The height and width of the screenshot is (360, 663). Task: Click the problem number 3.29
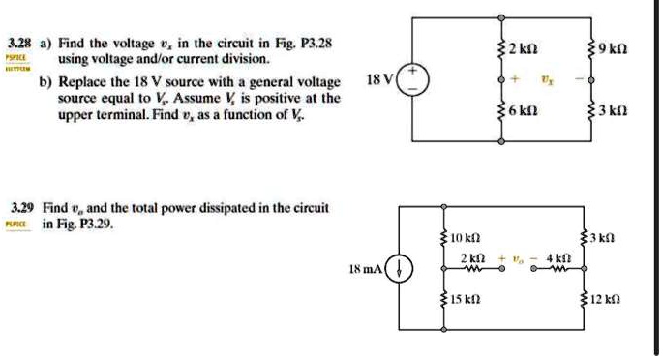click(x=19, y=208)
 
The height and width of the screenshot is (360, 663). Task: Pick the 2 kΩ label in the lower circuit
click(x=472, y=257)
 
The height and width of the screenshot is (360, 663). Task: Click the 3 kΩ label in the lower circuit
click(x=610, y=236)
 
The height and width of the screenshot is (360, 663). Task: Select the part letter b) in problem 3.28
click(x=45, y=82)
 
